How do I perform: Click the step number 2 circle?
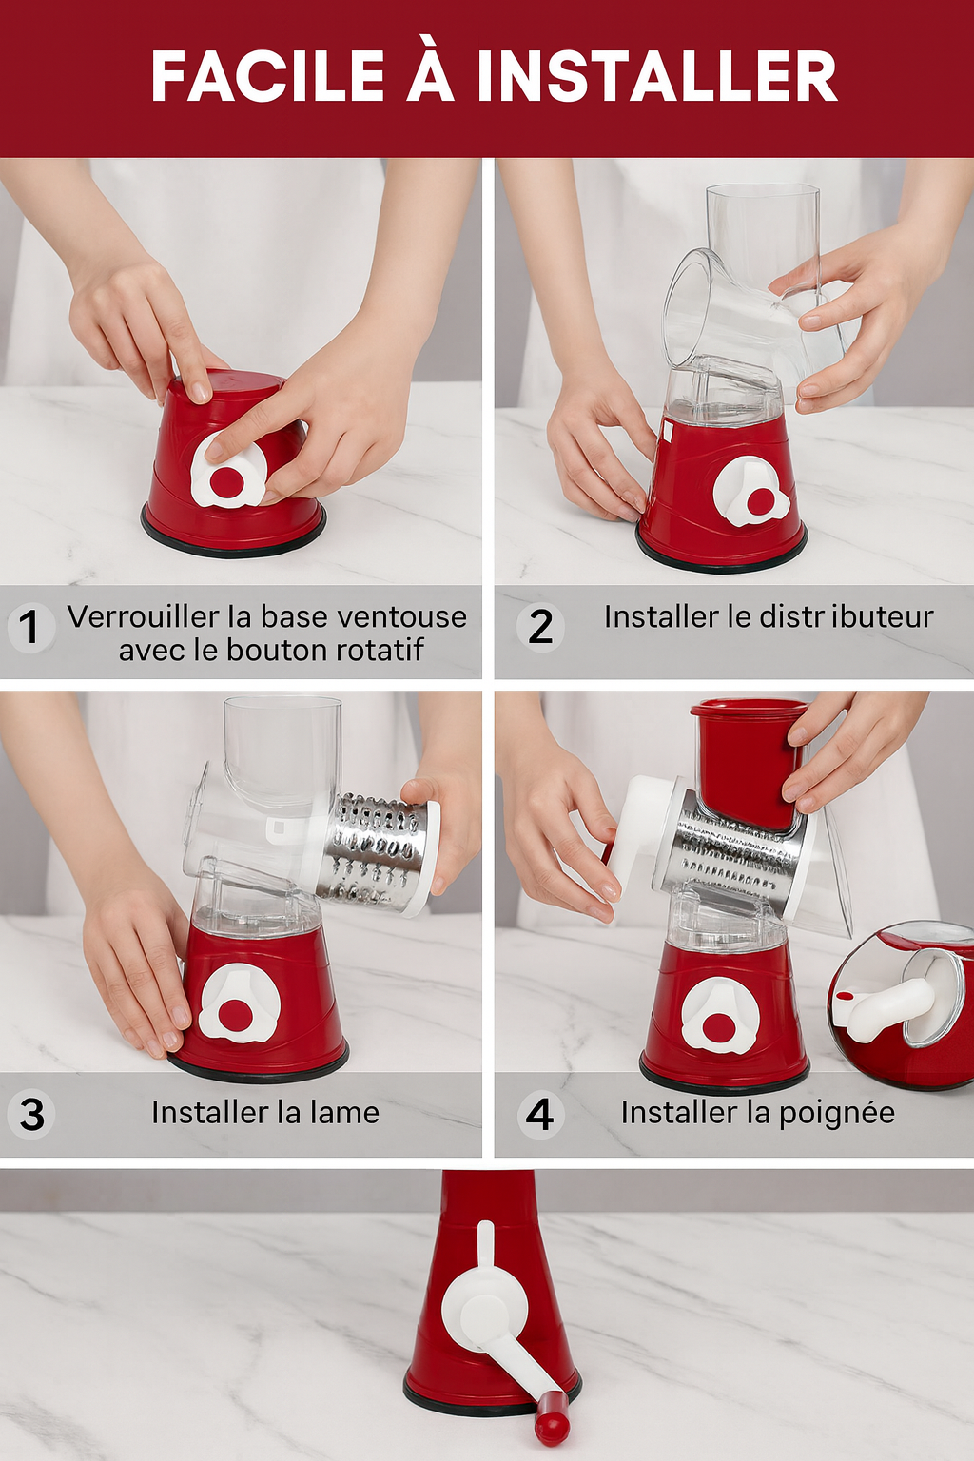pos(540,627)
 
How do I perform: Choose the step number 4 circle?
pos(540,1115)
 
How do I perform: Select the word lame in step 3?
pos(344,1113)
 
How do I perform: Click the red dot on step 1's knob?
pos(225,483)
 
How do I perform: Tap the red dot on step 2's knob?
pos(759,502)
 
